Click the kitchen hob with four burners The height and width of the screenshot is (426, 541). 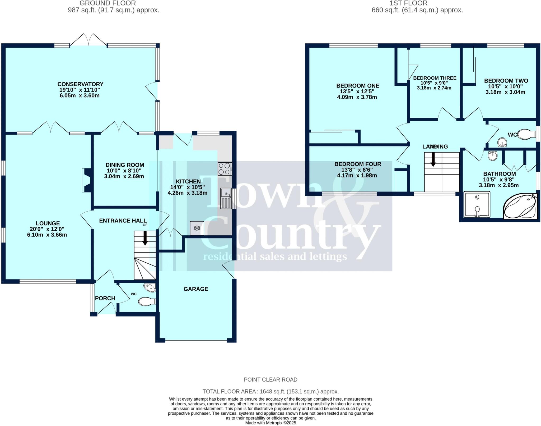tap(225, 169)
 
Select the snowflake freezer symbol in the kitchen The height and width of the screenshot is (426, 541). tap(197, 228)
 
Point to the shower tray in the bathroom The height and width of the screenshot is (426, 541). tap(477, 204)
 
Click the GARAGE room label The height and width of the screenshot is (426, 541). tap(196, 289)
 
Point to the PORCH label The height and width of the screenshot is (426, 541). tap(105, 298)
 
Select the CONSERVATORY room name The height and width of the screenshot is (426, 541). tap(80, 84)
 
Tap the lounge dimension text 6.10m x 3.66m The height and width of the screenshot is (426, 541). tap(47, 235)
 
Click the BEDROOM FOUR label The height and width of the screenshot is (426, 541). tap(358, 164)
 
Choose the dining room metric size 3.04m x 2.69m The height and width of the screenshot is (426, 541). tap(124, 176)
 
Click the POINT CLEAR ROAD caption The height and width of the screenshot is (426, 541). tap(270, 380)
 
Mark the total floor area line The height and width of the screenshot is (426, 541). tap(270, 391)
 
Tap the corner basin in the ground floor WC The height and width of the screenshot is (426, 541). tap(150, 287)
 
